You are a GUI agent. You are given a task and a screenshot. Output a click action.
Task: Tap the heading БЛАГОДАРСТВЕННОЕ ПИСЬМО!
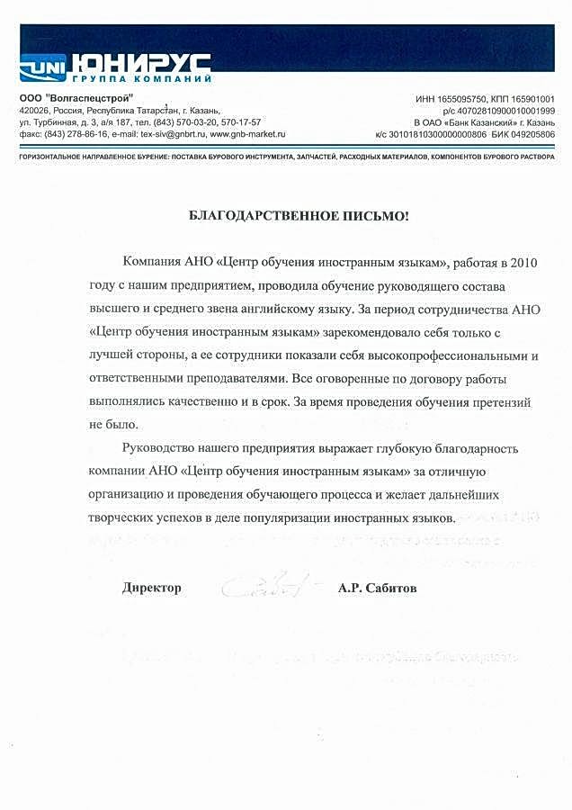coord(298,215)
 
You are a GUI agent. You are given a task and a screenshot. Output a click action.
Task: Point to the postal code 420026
coord(34,110)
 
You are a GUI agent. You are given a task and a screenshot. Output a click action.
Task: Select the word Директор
coord(152,588)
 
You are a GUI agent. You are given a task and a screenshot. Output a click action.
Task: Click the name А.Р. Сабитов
coord(378,588)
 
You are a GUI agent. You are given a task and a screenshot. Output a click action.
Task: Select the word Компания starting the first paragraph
coord(153,262)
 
